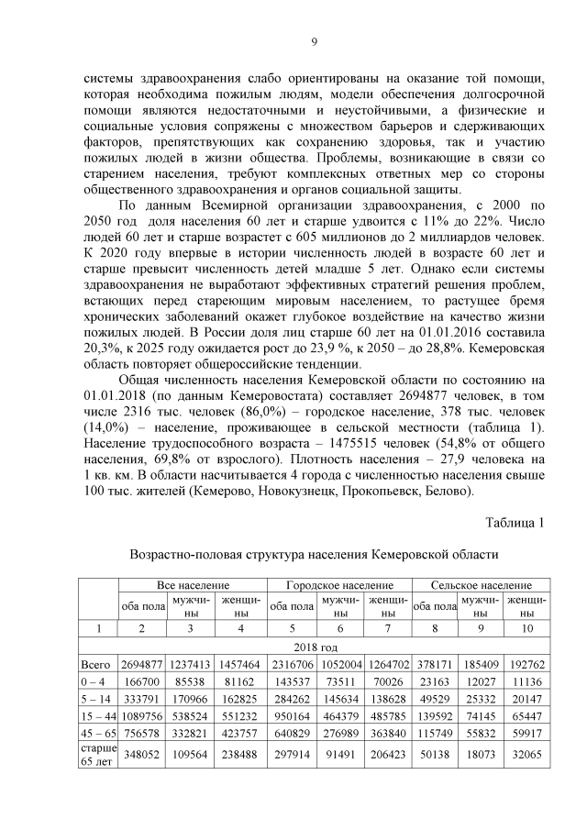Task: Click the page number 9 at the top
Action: click(314, 41)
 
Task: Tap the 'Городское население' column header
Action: click(339, 584)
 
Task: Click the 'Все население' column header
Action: click(192, 584)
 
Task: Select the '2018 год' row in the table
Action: click(315, 646)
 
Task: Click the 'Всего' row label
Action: click(95, 663)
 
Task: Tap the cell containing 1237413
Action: click(191, 663)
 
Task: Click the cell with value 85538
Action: click(191, 681)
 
